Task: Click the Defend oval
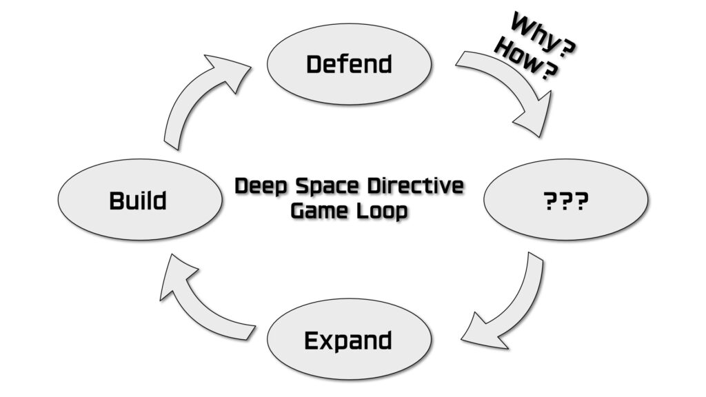350,64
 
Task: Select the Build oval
140,199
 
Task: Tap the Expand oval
350,339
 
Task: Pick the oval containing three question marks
566,199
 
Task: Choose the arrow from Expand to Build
194,306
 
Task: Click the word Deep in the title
261,186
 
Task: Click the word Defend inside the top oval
349,64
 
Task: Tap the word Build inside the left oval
138,201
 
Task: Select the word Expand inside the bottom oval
348,340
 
